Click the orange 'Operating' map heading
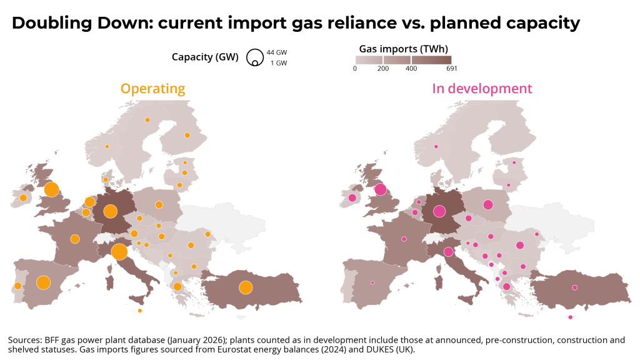point(152,89)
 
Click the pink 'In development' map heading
point(482,89)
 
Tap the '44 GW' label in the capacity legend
point(277,52)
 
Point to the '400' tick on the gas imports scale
point(411,69)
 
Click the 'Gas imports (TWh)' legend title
point(403,47)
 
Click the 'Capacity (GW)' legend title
point(205,57)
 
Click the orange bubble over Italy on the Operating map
point(119,252)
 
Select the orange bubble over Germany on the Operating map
point(110,212)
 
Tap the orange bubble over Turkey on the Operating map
point(245,287)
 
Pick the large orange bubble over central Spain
point(43,282)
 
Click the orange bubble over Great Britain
point(51,189)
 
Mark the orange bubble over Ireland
point(23,198)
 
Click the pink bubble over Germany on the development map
point(439,212)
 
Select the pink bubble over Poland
point(487,204)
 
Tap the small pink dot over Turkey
point(574,287)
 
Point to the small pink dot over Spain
point(372,282)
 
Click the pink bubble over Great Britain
point(380,189)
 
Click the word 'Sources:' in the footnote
point(24,340)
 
